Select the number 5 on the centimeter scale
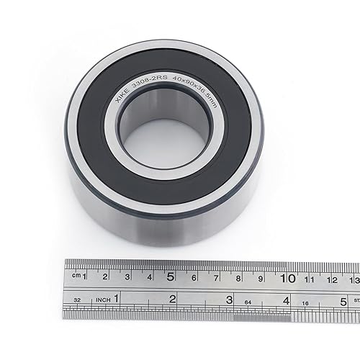point(171,276)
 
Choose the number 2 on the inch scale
point(172,298)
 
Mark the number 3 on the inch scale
point(229,299)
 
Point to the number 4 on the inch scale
point(286,300)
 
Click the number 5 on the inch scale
point(343,300)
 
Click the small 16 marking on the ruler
point(305,302)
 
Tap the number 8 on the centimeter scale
point(238,277)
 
